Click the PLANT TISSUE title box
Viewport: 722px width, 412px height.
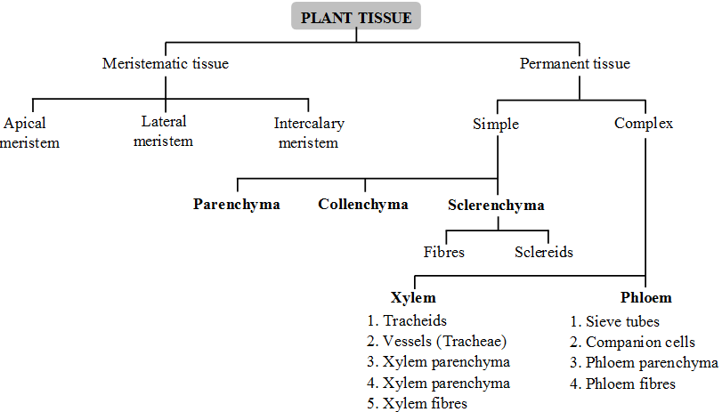(356, 17)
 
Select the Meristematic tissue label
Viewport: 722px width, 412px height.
(166, 63)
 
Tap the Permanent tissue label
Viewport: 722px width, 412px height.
(574, 63)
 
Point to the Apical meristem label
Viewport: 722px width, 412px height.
(29, 133)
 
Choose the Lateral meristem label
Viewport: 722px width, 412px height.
(166, 131)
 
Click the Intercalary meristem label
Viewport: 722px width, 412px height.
(309, 133)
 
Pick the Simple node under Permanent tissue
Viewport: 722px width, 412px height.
(496, 124)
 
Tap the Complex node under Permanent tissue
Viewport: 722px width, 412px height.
(644, 124)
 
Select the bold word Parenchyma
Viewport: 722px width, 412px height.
(237, 205)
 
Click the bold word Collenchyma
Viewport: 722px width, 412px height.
(363, 205)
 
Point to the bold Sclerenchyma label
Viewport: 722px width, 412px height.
(496, 205)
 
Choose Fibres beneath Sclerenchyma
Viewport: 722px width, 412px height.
(444, 252)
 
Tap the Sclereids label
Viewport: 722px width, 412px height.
(544, 252)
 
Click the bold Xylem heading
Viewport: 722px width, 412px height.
(413, 298)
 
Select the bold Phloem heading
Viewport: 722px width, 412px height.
(645, 298)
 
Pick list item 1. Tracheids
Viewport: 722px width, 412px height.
(407, 320)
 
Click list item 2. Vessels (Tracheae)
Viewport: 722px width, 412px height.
(436, 342)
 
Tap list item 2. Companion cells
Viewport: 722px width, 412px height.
(633, 342)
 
